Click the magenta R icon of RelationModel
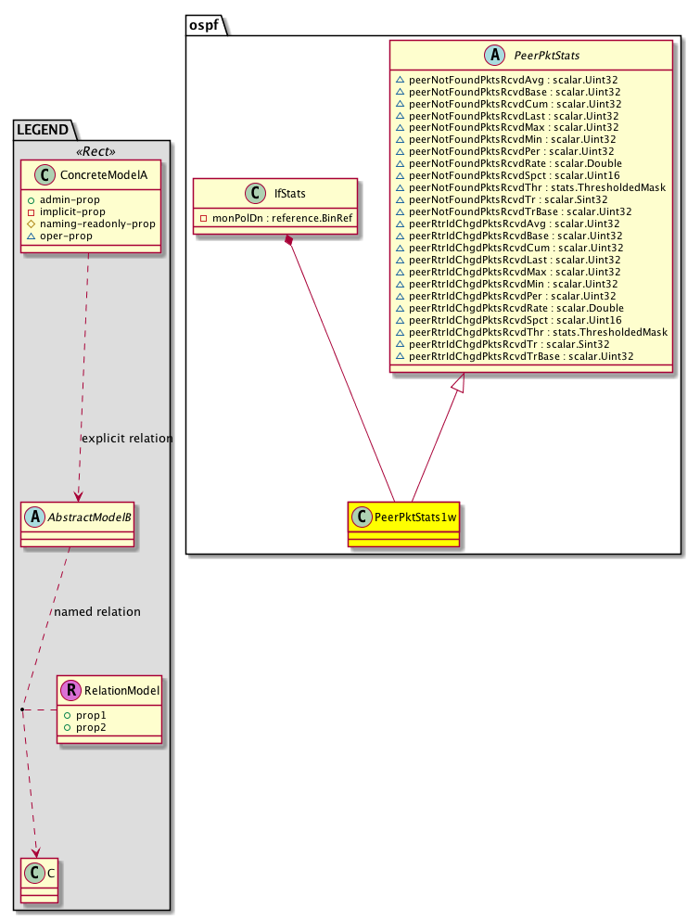tap(70, 690)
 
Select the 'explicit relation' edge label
tap(127, 438)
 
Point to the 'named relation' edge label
tap(97, 612)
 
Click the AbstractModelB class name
tap(87, 516)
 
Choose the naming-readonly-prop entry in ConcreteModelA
tap(97, 223)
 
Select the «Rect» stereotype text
tap(90, 151)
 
